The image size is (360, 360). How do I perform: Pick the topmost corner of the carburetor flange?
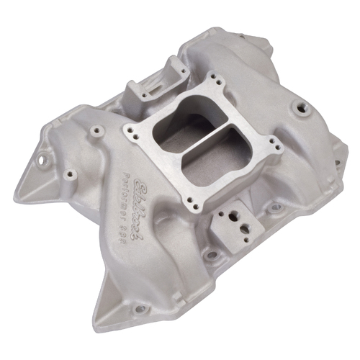tap(212, 78)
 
